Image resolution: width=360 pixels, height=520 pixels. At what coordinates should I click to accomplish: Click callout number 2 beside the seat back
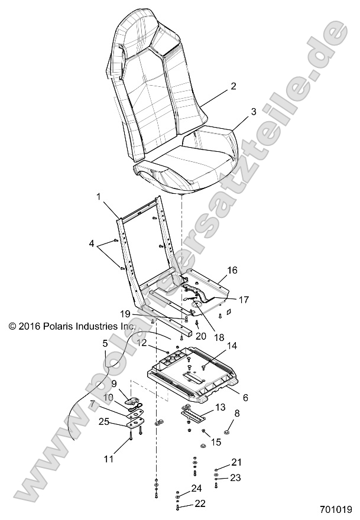[233, 86]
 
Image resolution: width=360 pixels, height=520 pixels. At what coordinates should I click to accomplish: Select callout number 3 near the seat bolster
[236, 111]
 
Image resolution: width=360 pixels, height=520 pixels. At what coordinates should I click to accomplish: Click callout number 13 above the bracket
[219, 407]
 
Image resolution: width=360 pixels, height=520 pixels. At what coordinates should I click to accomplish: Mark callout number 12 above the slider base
[142, 343]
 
